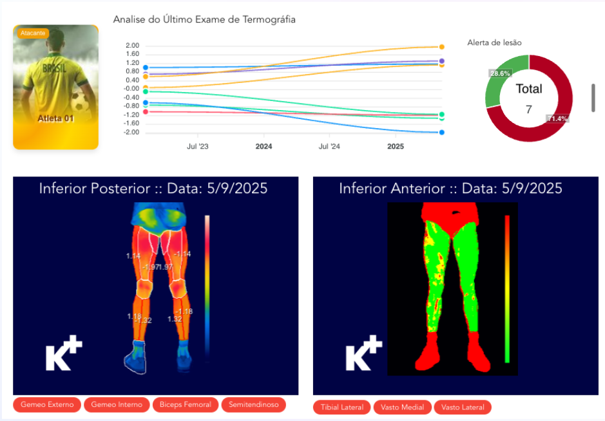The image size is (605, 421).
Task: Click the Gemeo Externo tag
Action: click(x=48, y=405)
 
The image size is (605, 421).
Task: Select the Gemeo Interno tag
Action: click(x=117, y=405)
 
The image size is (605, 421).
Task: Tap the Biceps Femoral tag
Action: click(x=186, y=405)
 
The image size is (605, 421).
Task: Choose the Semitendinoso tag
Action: click(x=253, y=405)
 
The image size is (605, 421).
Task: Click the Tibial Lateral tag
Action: click(x=342, y=407)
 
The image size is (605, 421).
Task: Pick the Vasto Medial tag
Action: click(x=402, y=407)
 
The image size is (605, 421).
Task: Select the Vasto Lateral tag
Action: click(x=463, y=407)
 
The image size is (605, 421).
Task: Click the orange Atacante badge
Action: click(x=32, y=33)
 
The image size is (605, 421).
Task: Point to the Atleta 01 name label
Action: click(x=55, y=118)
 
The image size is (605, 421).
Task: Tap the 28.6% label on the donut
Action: click(x=500, y=73)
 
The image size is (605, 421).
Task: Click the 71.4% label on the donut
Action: click(x=557, y=118)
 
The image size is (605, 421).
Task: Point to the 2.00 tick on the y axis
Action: click(x=132, y=46)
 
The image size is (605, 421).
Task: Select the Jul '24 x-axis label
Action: click(x=329, y=146)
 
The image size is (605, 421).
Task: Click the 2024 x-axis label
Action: click(x=264, y=146)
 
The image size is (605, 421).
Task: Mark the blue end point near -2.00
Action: click(x=441, y=133)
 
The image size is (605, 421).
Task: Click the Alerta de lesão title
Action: click(x=494, y=42)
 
